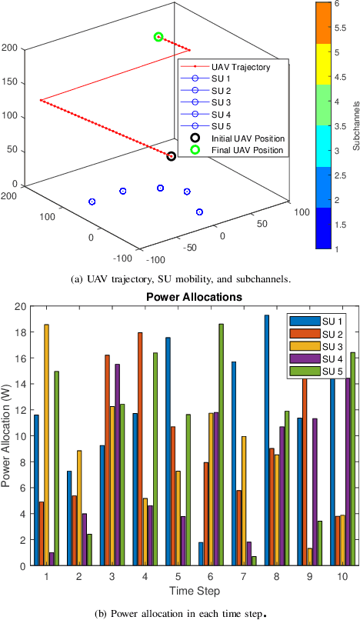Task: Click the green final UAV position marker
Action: [x=158, y=37]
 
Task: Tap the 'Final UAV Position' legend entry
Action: [x=246, y=149]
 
